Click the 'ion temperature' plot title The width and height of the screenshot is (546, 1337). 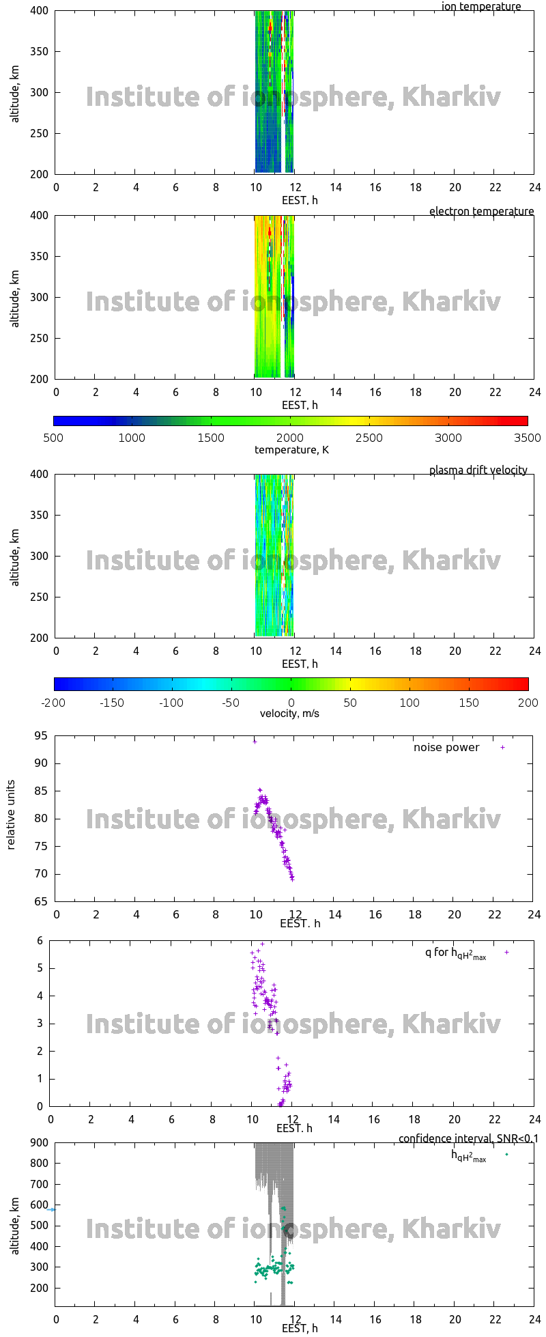tap(481, 7)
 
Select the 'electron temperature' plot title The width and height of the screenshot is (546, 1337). tap(481, 211)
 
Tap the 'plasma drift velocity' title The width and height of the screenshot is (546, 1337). tap(478, 470)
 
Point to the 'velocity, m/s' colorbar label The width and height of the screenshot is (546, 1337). tap(289, 714)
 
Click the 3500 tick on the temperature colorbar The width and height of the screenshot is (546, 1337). tap(526, 438)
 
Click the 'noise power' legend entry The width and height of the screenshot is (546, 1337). tap(446, 747)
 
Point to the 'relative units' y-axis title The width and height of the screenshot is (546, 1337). tap(11, 818)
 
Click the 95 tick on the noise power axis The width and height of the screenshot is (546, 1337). tap(42, 735)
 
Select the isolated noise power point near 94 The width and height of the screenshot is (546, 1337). tap(255, 741)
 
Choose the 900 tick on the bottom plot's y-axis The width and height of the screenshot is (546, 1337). tap(40, 1142)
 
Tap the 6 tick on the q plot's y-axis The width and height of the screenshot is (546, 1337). tap(40, 940)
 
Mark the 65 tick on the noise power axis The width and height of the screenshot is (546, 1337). tap(42, 901)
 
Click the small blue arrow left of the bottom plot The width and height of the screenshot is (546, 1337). tap(51, 1209)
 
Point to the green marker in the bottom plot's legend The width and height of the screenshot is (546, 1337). tap(506, 1154)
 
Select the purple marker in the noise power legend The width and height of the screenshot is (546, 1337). tap(503, 747)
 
